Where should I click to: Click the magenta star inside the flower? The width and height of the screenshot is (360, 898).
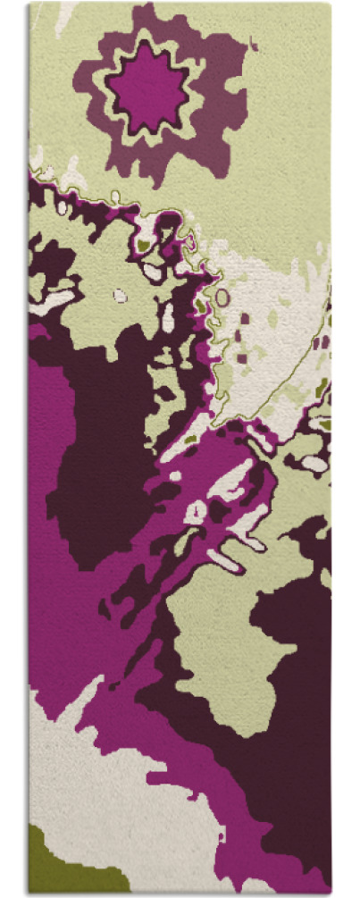tap(147, 88)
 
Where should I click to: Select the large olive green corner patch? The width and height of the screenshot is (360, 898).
tap(55, 861)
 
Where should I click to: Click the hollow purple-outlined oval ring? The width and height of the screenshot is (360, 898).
tap(222, 298)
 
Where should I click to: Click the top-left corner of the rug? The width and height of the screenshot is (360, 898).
tap(29, 3)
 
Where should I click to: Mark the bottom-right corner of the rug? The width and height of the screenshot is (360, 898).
tap(331, 893)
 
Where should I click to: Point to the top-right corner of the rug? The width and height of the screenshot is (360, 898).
tap(331, 3)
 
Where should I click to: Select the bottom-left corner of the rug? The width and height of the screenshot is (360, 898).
tap(29, 893)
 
